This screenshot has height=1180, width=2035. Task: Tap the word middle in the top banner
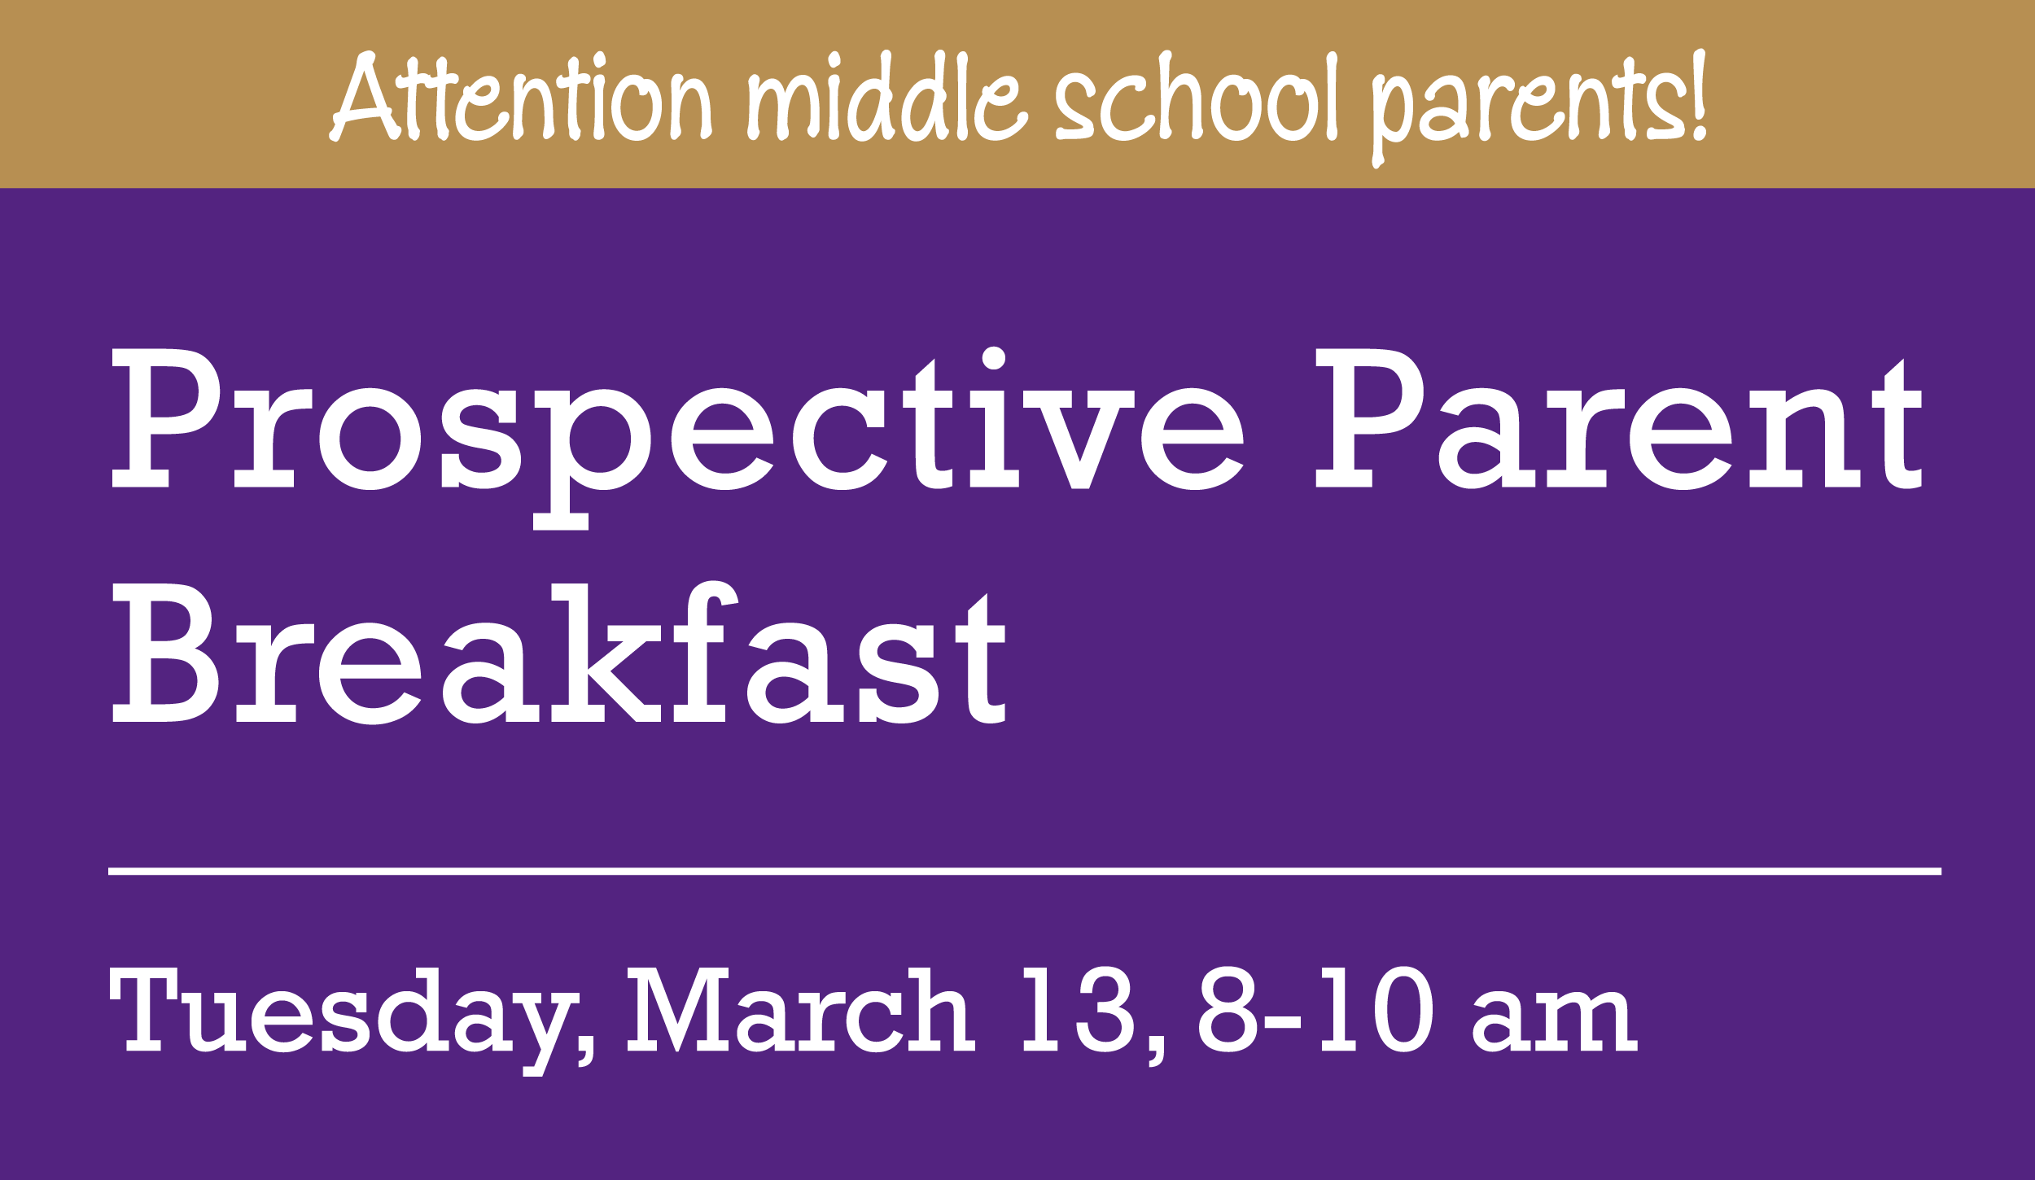(888, 96)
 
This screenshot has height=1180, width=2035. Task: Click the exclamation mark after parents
(1700, 94)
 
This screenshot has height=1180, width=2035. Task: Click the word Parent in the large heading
(1619, 418)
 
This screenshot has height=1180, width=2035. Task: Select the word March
(800, 1009)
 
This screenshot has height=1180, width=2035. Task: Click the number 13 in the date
(1079, 1009)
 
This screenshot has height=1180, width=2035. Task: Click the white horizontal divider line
(1025, 871)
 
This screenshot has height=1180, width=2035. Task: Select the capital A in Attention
(364, 96)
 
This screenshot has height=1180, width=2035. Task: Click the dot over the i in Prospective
(994, 358)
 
